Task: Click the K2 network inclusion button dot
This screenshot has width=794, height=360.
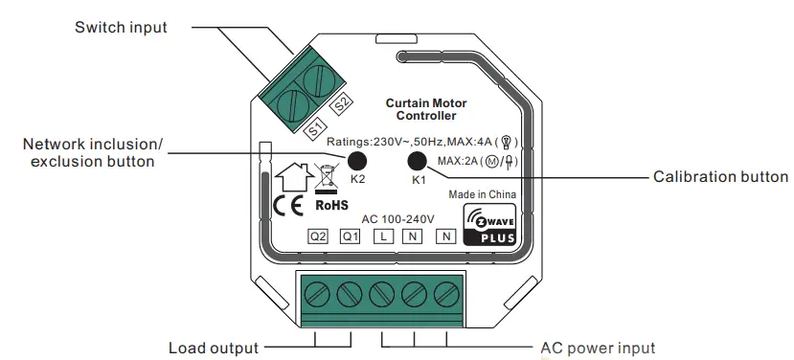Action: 356,161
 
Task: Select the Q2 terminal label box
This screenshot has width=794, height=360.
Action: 317,236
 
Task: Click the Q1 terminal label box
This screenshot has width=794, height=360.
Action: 350,236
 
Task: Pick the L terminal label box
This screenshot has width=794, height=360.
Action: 380,236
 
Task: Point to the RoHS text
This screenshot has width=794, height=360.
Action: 331,205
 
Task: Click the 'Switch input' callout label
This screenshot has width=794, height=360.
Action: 121,28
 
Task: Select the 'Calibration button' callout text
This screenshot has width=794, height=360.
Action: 720,177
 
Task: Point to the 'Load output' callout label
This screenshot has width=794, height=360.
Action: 212,347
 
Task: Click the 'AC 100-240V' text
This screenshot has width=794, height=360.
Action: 386,216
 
